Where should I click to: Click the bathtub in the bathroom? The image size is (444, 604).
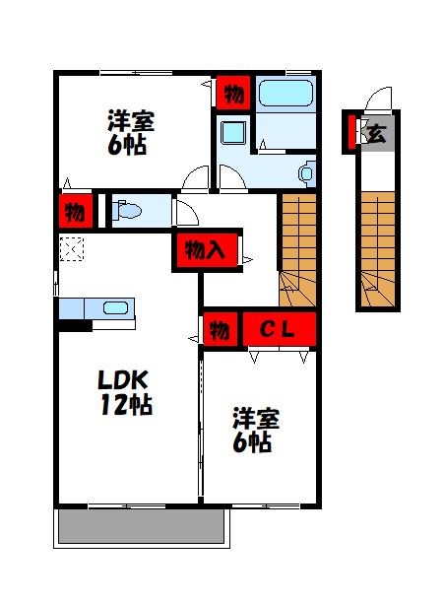[x=285, y=96]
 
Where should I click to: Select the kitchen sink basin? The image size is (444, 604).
[x=115, y=308]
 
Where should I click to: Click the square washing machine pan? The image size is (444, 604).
[x=233, y=133]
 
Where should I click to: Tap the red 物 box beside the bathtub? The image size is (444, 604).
[x=232, y=95]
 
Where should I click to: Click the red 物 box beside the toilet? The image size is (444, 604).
[x=74, y=211]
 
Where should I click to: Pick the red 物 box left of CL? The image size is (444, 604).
[x=219, y=328]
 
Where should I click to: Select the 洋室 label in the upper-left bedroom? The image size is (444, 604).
[x=131, y=124]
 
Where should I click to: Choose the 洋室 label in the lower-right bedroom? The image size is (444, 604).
[x=257, y=418]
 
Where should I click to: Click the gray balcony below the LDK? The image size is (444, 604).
[x=144, y=526]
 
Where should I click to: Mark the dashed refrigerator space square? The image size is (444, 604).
[x=72, y=251]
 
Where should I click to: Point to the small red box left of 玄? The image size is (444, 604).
[x=349, y=132]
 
